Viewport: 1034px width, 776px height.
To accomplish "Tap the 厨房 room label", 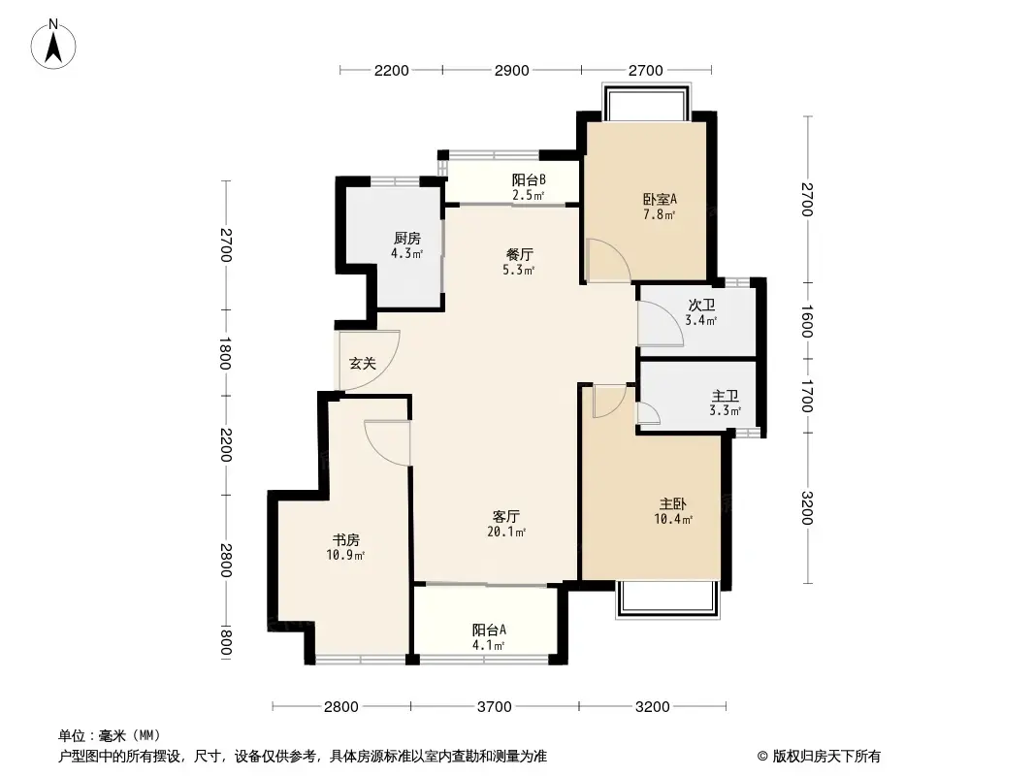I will tap(406, 239).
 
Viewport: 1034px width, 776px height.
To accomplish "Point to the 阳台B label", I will tap(529, 179).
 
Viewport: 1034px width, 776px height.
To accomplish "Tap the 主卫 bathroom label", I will tap(726, 396).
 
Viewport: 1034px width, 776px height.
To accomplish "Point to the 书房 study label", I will tap(346, 539).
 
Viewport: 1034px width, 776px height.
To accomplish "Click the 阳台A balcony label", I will tap(488, 629).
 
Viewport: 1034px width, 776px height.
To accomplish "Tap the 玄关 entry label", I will tap(362, 364).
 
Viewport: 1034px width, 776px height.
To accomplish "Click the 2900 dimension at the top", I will tap(511, 70).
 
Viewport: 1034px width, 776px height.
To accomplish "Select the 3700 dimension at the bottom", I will tap(495, 706).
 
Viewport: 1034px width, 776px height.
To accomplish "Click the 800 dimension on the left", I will tap(225, 643).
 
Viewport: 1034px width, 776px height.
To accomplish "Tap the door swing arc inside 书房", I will tap(386, 436).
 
